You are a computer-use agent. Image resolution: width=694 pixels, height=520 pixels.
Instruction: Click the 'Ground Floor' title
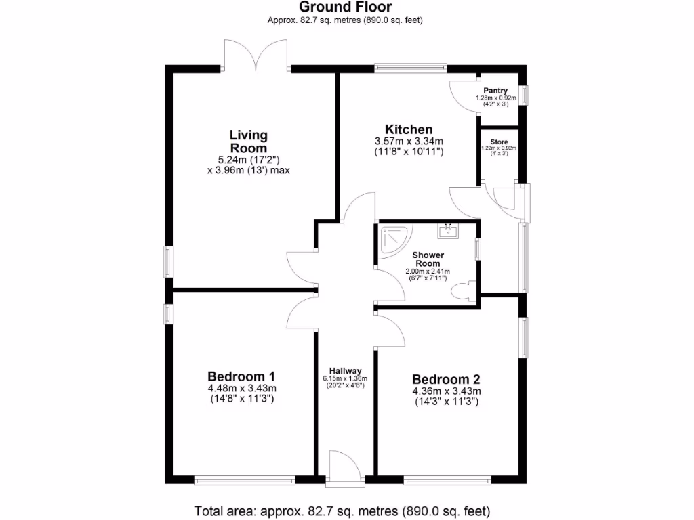[x=346, y=7]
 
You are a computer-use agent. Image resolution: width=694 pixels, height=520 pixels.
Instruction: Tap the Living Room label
[x=248, y=142]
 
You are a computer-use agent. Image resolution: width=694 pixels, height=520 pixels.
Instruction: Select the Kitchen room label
[x=409, y=129]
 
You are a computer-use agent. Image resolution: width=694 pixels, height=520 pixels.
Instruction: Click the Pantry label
[x=495, y=91]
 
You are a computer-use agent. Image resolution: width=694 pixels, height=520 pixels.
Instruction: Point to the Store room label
[x=499, y=142]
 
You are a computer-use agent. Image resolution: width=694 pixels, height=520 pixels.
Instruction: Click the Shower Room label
[x=428, y=259]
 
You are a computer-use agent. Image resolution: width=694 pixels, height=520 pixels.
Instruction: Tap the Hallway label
[x=345, y=370]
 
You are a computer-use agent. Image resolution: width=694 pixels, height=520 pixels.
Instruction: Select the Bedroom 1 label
[x=241, y=377]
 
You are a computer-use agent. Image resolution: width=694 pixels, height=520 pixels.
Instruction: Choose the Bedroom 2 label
[x=445, y=379]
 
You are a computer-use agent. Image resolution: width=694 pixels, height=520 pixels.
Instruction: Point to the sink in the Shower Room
[x=448, y=232]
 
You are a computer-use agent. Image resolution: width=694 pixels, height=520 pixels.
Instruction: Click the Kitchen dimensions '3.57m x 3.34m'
[x=409, y=141]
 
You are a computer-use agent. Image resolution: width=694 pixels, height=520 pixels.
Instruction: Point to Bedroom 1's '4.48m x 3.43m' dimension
[x=241, y=389]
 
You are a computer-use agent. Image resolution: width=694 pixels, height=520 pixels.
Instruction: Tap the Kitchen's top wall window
[x=411, y=67]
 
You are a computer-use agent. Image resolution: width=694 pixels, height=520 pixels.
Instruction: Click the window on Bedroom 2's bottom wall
[x=447, y=481]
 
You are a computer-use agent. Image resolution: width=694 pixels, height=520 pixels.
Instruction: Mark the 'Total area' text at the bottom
[x=342, y=511]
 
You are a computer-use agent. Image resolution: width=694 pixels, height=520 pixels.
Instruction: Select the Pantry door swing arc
[x=461, y=90]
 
